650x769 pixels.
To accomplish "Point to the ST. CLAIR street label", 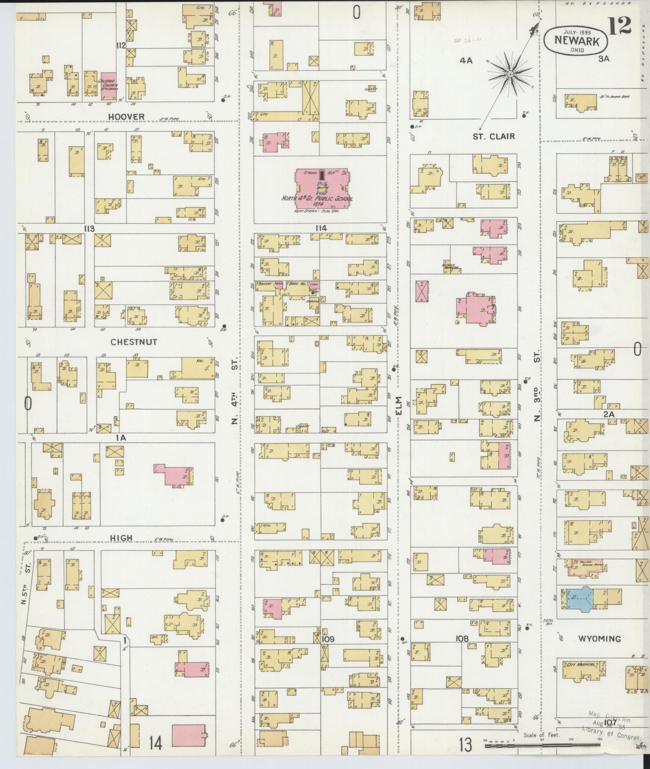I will (x=494, y=136).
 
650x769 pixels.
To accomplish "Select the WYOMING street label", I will (x=600, y=639).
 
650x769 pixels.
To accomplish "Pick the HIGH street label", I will (x=121, y=538).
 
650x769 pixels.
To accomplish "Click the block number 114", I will (x=321, y=228).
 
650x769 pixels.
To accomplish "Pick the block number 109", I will (x=328, y=639).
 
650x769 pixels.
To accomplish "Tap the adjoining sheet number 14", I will (x=156, y=743).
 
